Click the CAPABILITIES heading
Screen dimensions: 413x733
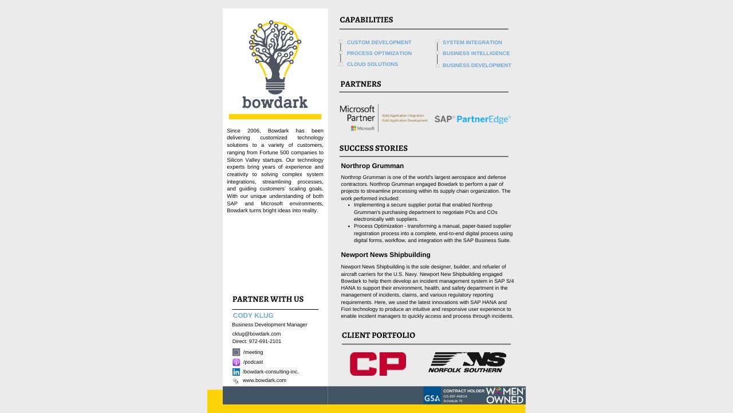click(366, 20)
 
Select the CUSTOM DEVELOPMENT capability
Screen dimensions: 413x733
click(379, 42)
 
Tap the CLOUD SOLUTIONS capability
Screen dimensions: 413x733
click(372, 64)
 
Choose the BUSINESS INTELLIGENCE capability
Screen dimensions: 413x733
click(476, 53)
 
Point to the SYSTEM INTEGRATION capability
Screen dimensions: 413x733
click(472, 42)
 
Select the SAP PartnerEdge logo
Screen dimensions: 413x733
click(472, 119)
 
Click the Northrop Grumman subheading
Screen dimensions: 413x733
click(372, 166)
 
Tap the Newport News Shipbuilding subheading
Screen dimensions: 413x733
click(385, 255)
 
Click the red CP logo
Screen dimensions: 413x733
click(378, 364)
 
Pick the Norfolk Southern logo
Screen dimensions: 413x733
click(467, 363)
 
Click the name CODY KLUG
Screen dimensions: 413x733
click(253, 315)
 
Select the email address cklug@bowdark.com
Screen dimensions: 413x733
click(257, 334)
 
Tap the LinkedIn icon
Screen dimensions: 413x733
click(236, 372)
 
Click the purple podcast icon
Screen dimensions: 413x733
click(236, 362)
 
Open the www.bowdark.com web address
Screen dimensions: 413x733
click(264, 380)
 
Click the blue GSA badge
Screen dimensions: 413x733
click(432, 395)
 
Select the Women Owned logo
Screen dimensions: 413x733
click(505, 395)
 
